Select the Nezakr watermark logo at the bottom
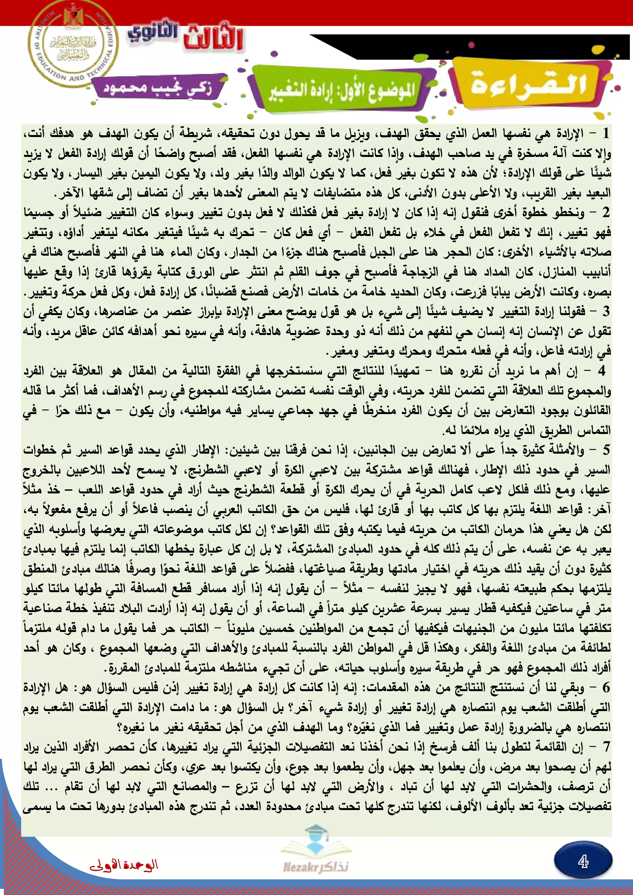pos(316,866)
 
